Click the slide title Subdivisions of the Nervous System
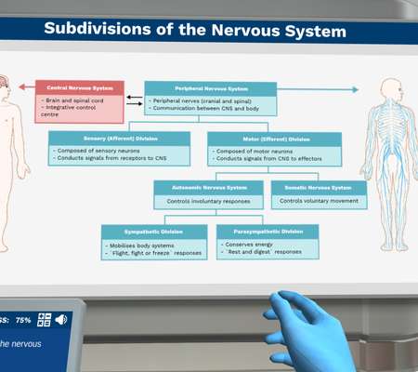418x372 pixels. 194,31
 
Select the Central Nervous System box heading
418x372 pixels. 79,88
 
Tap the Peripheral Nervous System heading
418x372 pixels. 210,88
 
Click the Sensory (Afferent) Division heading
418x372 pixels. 118,138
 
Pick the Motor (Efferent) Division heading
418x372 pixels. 273,138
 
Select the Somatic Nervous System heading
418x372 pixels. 318,187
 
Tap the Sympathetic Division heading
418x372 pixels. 153,231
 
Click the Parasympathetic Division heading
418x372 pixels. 267,231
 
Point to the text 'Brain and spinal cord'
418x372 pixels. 74,100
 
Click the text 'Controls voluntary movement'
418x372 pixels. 319,200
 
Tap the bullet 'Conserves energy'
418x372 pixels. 249,244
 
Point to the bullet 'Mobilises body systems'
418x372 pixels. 140,244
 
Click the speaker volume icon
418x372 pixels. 61,320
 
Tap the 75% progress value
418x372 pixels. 23,320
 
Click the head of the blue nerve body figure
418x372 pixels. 385,90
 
